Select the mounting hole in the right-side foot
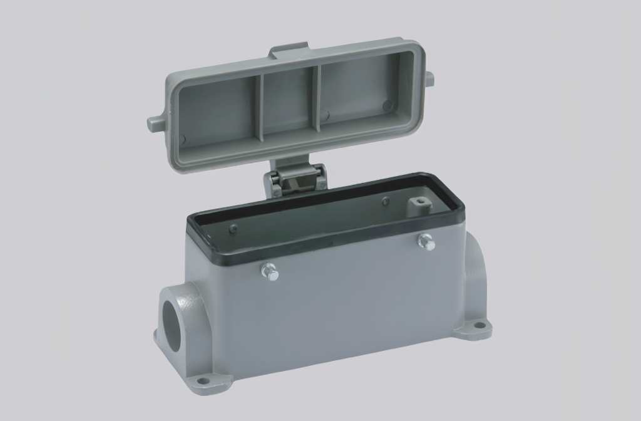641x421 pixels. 479,325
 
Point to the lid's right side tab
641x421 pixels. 429,78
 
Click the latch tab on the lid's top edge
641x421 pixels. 289,51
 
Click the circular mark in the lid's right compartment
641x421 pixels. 387,105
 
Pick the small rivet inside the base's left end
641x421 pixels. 233,228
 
